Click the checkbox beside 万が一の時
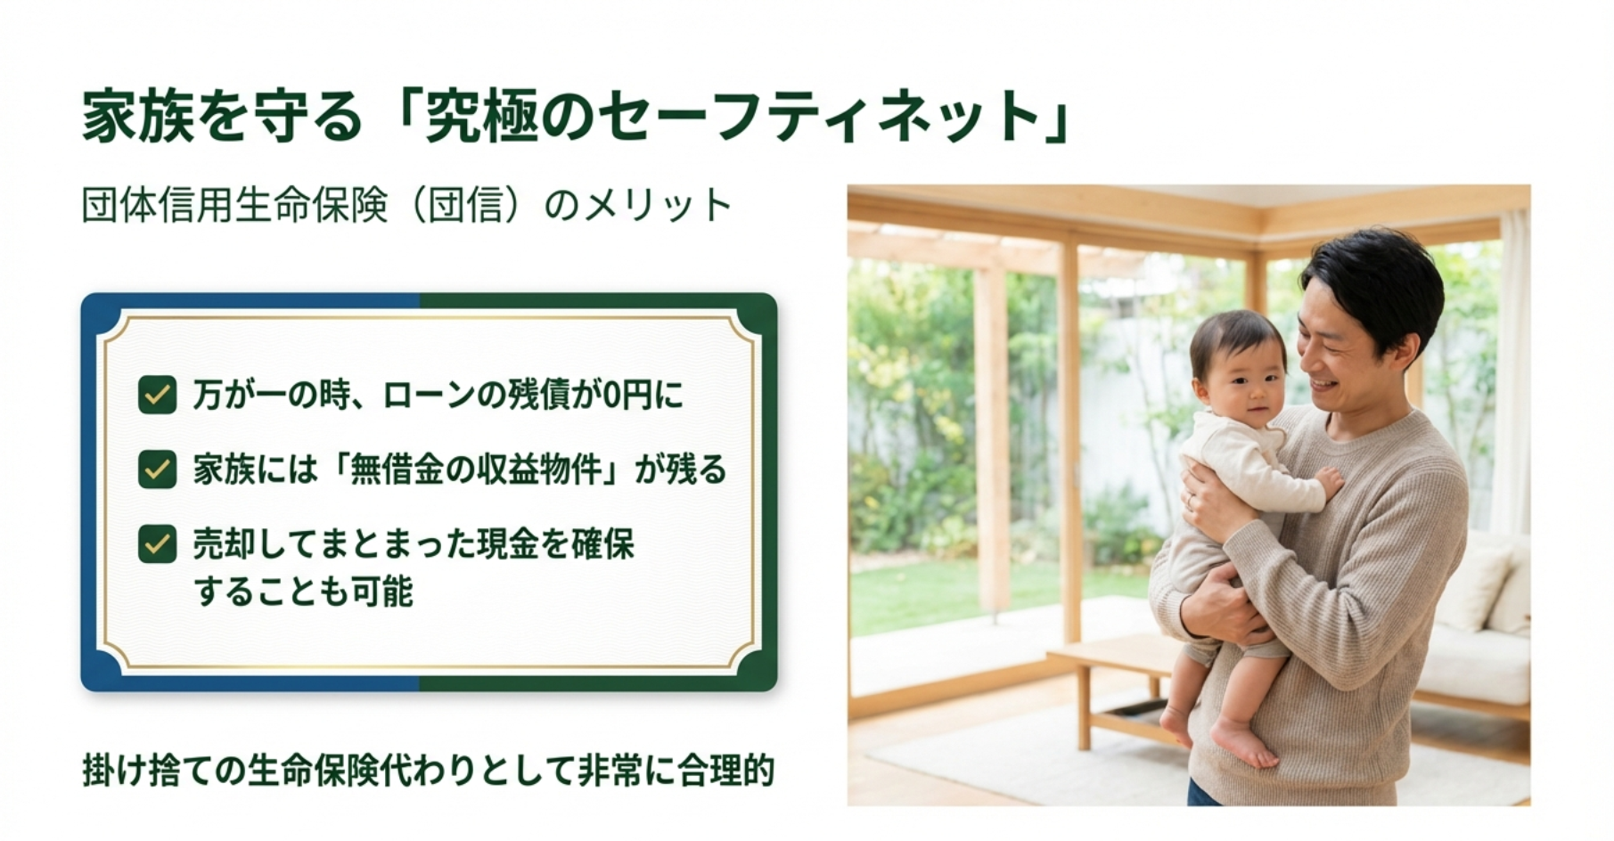157,395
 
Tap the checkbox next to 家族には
157,469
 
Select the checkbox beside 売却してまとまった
157,543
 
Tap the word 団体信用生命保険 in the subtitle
235,206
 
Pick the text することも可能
304,592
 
